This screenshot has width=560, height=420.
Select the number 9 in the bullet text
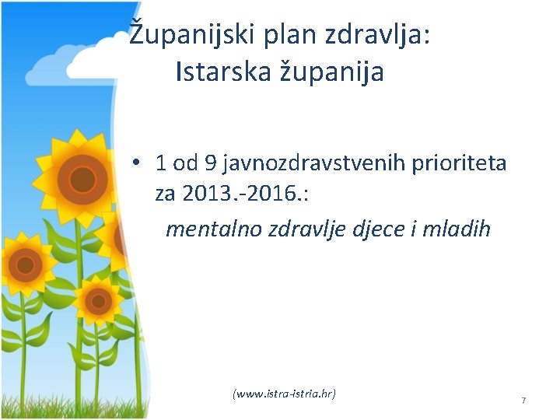point(209,163)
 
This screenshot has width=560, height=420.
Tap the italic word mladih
point(459,229)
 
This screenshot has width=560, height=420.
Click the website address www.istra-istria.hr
point(284,394)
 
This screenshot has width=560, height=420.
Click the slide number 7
point(523,401)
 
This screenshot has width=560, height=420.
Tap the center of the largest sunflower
point(81,180)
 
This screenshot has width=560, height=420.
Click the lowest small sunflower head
point(99,299)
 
